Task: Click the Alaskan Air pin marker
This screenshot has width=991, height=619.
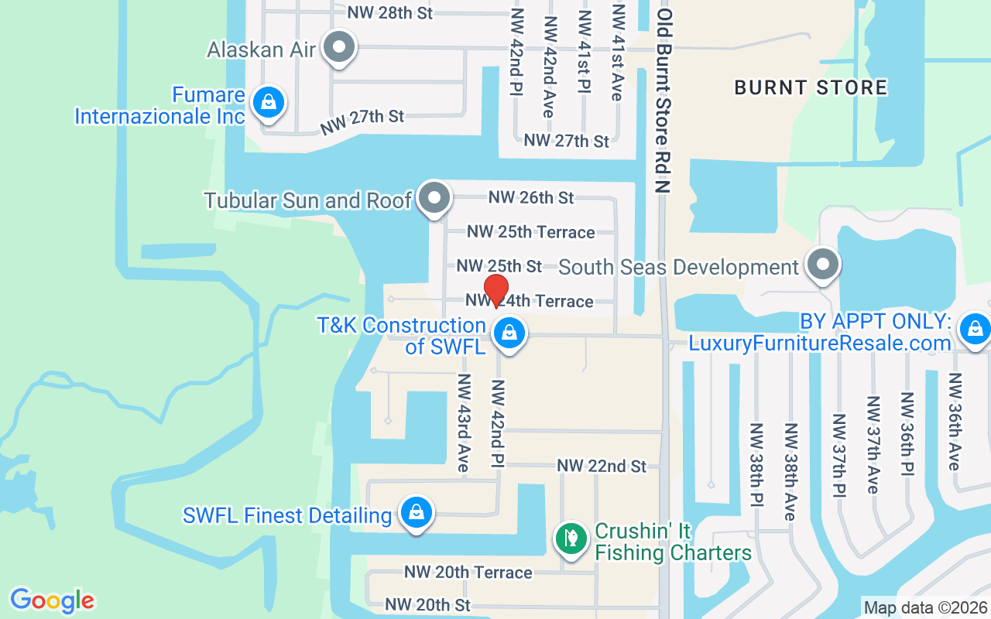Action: pos(338,48)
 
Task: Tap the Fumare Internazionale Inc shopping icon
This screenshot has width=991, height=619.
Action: pos(268,103)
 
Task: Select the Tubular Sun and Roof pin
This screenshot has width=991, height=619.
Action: pos(434,199)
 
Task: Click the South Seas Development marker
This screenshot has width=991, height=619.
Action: pos(822,265)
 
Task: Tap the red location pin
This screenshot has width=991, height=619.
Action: pos(495,290)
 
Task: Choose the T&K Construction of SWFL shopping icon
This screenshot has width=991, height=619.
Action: pos(509,334)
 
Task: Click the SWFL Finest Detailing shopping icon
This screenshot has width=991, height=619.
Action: pos(417,513)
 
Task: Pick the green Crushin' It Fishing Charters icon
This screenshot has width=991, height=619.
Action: pos(571,538)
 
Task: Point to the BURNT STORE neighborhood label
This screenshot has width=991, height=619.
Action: pos(811,87)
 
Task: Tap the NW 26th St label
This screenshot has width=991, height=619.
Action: pos(531,197)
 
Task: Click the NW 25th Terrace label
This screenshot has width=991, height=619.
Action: pos(531,232)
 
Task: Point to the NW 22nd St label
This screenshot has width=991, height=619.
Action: pos(602,466)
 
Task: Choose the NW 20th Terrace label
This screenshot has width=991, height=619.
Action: pos(468,572)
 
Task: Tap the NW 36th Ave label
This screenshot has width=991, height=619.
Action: pos(955,421)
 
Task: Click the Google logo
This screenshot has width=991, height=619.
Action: pos(52,600)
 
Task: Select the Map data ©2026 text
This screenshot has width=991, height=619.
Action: pos(925,607)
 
